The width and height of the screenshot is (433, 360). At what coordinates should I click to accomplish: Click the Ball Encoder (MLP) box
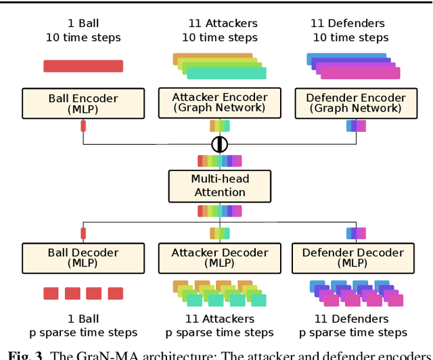[x=83, y=104]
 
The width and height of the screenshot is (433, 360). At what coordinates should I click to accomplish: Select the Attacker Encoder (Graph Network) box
[x=220, y=102]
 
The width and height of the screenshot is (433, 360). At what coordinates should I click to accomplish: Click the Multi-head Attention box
[x=220, y=185]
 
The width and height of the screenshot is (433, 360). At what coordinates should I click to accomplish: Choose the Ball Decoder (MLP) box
[x=83, y=258]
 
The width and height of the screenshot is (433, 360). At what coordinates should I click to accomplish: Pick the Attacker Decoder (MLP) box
[x=220, y=258]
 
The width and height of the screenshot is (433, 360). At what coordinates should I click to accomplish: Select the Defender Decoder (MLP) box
[x=352, y=258]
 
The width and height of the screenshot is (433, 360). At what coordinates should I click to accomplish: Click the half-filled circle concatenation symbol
[x=220, y=144]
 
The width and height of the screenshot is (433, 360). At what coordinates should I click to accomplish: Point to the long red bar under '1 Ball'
[x=83, y=66]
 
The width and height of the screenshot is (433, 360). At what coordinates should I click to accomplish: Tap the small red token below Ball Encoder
[x=83, y=125]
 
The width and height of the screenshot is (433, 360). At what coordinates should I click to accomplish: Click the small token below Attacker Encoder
[x=220, y=125]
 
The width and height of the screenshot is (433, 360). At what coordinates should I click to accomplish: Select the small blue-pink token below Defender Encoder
[x=356, y=125]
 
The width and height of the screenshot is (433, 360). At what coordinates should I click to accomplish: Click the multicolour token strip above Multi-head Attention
[x=220, y=161]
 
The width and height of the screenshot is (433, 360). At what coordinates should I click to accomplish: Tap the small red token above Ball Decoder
[x=83, y=233]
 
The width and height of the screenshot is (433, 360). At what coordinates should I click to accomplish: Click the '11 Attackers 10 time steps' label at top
[x=220, y=30]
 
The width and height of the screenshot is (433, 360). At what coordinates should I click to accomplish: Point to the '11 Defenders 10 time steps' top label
[x=351, y=30]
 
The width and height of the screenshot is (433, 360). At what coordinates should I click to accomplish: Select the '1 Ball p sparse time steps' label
[x=83, y=325]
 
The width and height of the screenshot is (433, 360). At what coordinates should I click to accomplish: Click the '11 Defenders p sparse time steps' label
[x=352, y=325]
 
